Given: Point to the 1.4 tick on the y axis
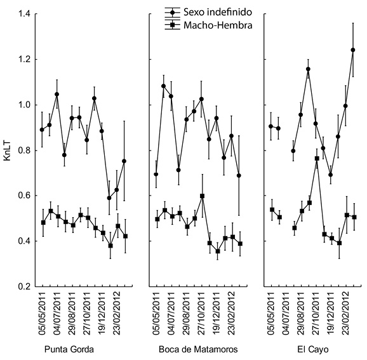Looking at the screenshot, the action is click(24, 14).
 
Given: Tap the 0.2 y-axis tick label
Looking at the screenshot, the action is click(24, 286).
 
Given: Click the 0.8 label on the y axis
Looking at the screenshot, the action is click(24, 150).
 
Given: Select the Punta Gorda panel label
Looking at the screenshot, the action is click(69, 349).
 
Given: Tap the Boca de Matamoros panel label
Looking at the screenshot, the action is click(198, 349).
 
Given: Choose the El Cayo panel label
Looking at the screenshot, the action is click(313, 349).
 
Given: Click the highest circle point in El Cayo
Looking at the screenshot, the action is click(353, 50).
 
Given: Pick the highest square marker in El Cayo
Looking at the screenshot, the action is click(317, 159).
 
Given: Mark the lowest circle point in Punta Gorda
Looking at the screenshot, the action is click(109, 198).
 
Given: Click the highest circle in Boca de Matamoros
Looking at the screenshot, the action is click(163, 86).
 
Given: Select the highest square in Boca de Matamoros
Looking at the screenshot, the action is click(202, 196).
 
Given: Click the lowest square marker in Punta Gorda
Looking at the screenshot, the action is click(110, 246).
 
